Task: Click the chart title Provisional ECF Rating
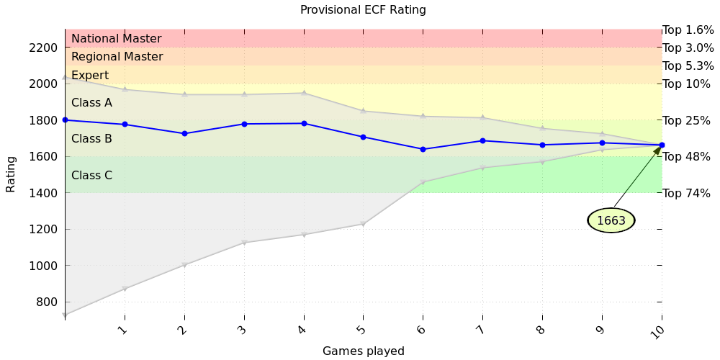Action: click(363, 10)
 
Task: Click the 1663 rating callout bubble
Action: click(611, 220)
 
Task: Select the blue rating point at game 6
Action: click(423, 149)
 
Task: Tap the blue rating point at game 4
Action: click(304, 123)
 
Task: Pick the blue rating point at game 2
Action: click(184, 133)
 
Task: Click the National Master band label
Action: click(116, 39)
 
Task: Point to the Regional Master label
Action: click(117, 57)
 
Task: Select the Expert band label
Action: click(90, 76)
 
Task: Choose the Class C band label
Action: click(91, 176)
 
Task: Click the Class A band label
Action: click(91, 103)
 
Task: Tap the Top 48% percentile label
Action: click(686, 157)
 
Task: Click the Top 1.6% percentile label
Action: click(688, 30)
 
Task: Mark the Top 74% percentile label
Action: click(686, 193)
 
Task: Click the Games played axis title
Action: click(363, 351)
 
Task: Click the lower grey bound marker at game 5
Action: click(363, 224)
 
